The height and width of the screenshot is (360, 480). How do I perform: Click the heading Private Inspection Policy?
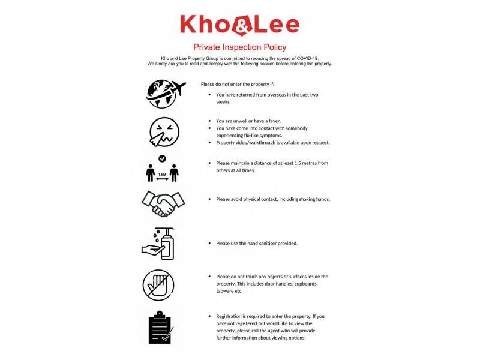tap(239, 47)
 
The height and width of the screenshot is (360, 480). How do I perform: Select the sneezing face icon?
tap(164, 132)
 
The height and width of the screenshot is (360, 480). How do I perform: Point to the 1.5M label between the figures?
tap(162, 175)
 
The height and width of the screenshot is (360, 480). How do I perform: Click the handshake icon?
tap(163, 204)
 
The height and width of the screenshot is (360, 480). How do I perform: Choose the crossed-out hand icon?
tap(158, 284)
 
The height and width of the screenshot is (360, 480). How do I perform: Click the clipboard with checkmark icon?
tap(160, 327)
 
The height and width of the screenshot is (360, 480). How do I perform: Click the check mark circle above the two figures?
tap(162, 158)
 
